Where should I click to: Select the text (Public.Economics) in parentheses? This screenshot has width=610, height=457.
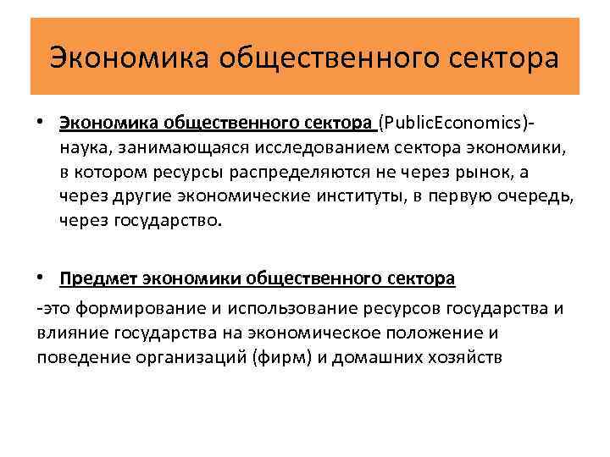point(453,124)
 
